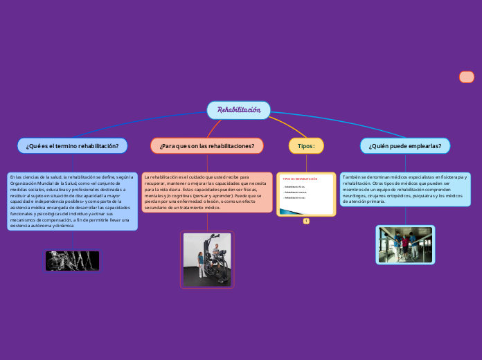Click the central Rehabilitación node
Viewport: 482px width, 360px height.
[x=238, y=110]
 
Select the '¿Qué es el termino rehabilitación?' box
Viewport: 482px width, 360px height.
[x=72, y=146]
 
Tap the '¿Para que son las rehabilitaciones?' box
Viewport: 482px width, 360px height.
[x=206, y=146]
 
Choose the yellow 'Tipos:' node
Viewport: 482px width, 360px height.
[x=305, y=146]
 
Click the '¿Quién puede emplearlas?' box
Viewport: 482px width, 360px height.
[x=404, y=146]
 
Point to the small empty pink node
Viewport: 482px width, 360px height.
[x=466, y=77]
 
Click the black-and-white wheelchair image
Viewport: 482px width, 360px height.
[x=72, y=261]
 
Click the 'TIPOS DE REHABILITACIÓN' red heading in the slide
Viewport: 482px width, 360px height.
[x=300, y=179]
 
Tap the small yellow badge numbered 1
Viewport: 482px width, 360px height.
[x=305, y=221]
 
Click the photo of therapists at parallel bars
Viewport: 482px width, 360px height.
[x=405, y=244]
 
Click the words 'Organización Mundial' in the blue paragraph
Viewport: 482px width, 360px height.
[x=41, y=183]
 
